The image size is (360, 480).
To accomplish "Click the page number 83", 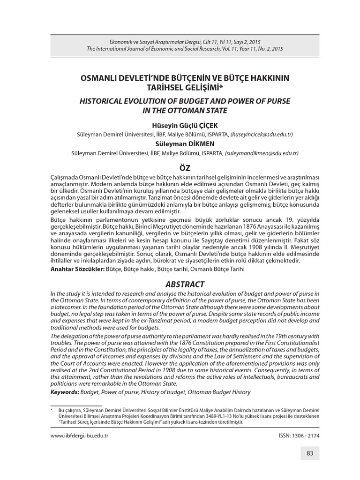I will pyautogui.click(x=310, y=453).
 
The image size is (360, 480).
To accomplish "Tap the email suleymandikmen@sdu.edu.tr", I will pyautogui.click(x=262, y=153).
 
